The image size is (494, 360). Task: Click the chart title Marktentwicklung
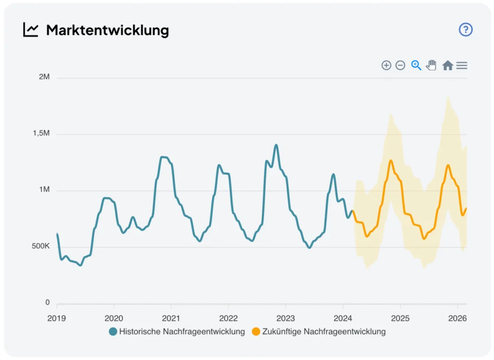107,30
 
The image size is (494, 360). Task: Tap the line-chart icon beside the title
31,30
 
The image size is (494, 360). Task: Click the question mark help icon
465,30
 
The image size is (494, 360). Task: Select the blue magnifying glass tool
416,65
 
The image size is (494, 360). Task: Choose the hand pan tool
431,65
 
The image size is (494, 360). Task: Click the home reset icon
447,65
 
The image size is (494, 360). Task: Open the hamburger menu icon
462,65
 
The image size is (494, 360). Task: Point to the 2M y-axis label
44,77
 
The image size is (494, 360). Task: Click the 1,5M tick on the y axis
41,134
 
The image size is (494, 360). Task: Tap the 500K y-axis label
40,247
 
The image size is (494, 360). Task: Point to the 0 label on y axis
47,303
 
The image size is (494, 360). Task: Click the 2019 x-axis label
56,319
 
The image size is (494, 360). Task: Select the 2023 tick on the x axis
285,319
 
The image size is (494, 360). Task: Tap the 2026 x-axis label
457,319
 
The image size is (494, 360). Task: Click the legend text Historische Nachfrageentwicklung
182,332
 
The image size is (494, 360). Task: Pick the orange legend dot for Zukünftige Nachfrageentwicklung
256,332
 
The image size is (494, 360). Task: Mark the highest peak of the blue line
276,145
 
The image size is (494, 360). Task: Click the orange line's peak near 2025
391,161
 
